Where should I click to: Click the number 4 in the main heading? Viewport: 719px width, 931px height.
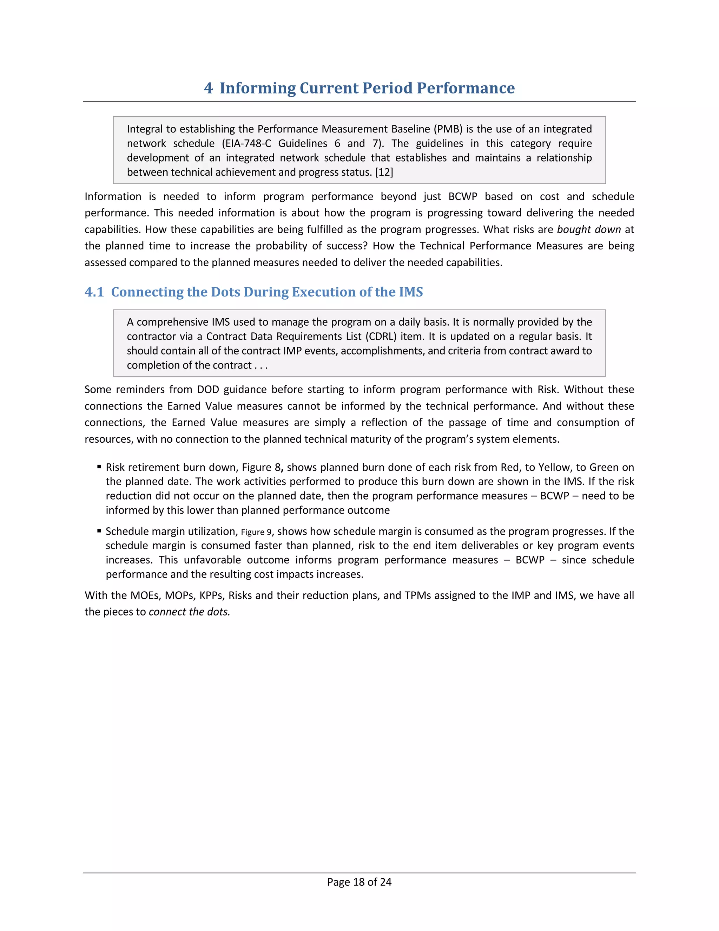point(208,88)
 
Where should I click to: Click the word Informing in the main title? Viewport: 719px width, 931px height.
point(257,88)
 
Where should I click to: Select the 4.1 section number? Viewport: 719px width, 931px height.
point(94,292)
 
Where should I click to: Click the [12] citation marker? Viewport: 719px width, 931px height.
point(384,172)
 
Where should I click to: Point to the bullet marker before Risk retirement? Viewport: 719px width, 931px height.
point(99,467)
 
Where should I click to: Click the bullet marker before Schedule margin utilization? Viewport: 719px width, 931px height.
point(99,531)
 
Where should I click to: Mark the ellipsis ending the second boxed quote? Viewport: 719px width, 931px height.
point(261,366)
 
